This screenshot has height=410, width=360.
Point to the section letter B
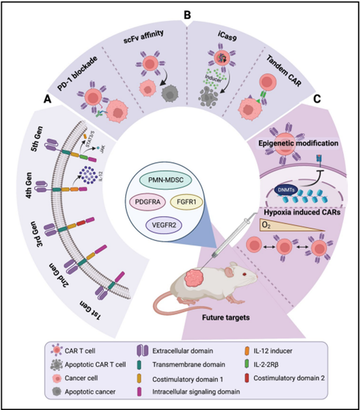click(188, 15)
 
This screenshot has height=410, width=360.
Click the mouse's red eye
click(244, 274)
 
